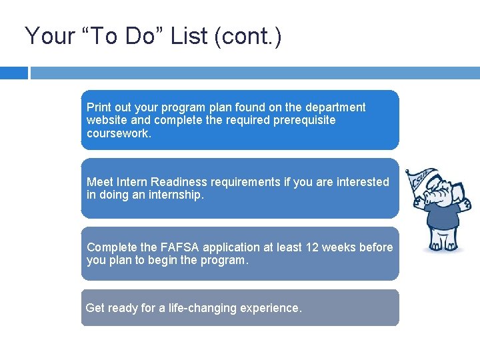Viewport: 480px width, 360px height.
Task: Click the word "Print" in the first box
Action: (x=99, y=107)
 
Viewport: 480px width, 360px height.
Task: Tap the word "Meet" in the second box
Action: (x=100, y=182)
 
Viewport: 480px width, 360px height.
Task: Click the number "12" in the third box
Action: (x=312, y=247)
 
